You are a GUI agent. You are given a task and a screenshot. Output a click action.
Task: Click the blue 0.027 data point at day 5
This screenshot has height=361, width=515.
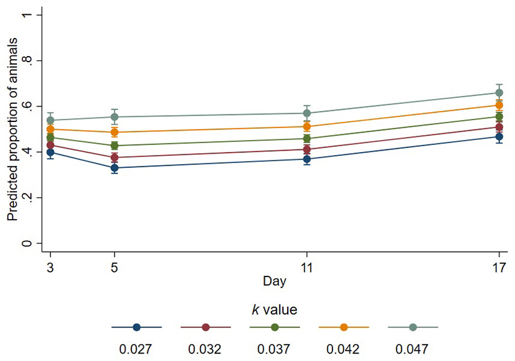115,168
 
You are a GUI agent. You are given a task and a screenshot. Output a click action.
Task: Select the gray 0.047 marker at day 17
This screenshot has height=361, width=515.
499,93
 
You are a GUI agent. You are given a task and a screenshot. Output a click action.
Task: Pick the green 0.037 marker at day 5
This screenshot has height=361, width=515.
115,146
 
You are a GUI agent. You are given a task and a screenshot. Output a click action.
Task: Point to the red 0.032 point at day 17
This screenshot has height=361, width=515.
499,128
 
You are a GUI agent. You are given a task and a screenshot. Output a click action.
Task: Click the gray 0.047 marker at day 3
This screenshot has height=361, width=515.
50,120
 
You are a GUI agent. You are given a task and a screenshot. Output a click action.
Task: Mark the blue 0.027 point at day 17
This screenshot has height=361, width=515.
499,137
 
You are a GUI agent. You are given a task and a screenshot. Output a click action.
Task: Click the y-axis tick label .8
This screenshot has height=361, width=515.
26,60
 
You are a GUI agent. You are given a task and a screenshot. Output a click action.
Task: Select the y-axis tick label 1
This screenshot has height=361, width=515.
26,15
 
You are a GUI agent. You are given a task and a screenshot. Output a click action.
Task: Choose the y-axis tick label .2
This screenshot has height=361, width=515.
26,197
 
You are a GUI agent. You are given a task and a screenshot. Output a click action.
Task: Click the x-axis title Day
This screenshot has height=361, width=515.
274,281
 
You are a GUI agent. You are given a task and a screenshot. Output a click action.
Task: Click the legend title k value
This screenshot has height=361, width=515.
274,308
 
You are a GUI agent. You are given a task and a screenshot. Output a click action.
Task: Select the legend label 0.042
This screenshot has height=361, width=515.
343,348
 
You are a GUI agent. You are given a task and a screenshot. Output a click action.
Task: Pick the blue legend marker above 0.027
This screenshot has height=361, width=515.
136,327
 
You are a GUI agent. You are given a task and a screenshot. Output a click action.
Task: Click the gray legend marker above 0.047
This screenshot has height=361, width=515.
412,327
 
